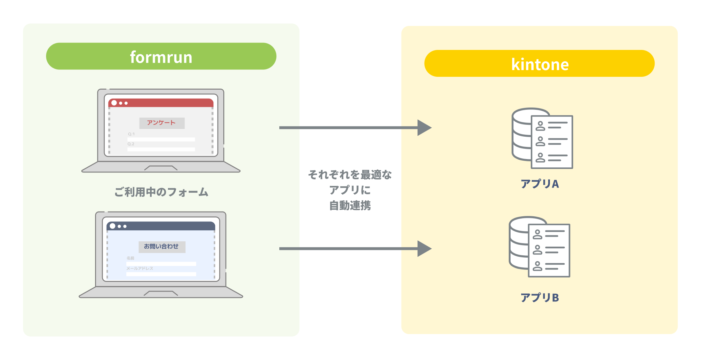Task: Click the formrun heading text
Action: pos(161,57)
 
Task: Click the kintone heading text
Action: pos(540,64)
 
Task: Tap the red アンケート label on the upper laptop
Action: pos(161,123)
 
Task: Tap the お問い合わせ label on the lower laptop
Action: pos(161,246)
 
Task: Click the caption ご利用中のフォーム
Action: pos(161,192)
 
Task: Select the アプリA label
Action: pos(540,184)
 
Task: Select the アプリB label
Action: pos(540,298)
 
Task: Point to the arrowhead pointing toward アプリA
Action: pos(424,128)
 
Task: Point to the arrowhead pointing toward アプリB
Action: pos(424,249)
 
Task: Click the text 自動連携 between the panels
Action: pos(350,205)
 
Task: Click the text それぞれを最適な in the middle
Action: pos(350,175)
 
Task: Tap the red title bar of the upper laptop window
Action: pos(166,103)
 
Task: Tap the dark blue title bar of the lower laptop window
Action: pos(166,226)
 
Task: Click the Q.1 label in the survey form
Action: pos(131,134)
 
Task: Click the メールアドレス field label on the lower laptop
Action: pos(139,268)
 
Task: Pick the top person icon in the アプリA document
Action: pos(540,126)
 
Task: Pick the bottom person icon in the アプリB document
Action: pos(538,266)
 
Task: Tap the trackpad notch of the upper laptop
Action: pos(161,168)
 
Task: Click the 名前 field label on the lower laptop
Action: pos(130,258)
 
